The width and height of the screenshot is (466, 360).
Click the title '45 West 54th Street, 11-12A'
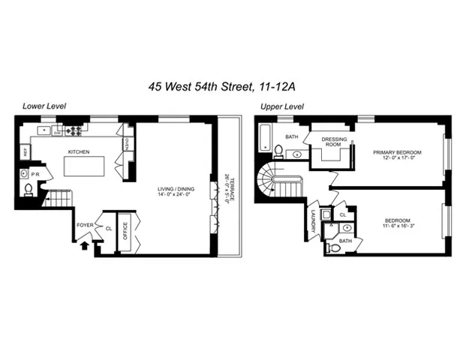click(232, 88)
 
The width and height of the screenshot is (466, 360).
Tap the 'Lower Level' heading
click(44, 106)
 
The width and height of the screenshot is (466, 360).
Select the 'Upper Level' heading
click(281, 106)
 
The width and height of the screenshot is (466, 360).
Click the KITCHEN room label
click(79, 151)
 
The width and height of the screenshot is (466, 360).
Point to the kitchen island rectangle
click(83, 166)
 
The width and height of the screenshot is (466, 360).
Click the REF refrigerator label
click(25, 151)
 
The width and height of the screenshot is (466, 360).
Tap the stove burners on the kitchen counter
click(74, 130)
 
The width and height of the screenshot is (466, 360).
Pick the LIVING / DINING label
click(174, 189)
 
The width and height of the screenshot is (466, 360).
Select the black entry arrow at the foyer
click(85, 243)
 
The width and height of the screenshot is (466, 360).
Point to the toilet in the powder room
click(29, 189)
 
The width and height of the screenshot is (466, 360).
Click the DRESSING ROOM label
click(333, 141)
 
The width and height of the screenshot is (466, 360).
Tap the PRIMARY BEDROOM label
click(397, 152)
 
